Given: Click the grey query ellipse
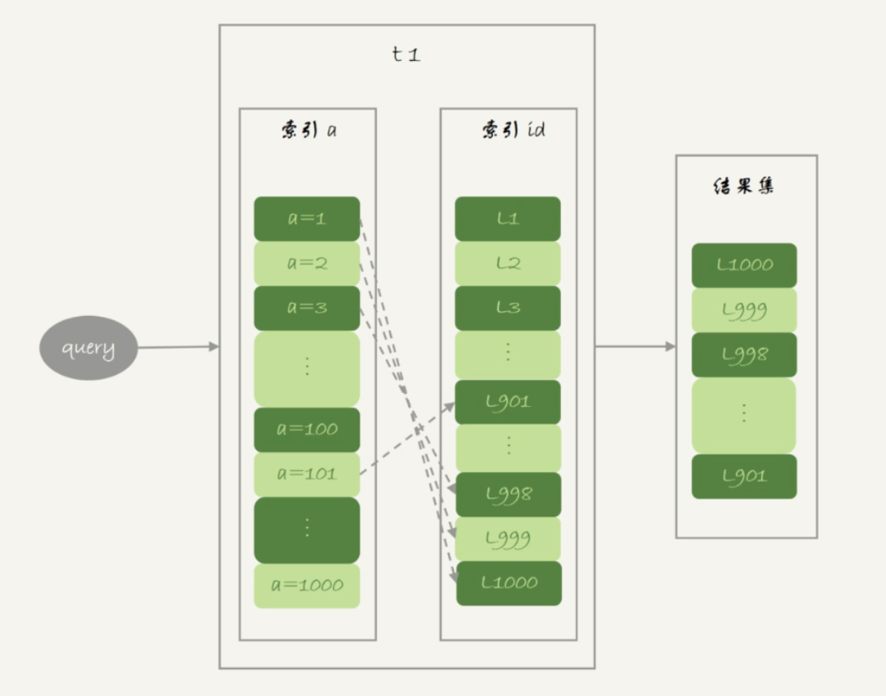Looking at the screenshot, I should point(89,348).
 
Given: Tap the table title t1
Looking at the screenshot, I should point(406,55).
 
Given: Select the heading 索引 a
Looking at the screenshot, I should point(308,131).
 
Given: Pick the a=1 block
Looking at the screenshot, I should point(306,218).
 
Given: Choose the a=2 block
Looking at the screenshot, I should point(306,263).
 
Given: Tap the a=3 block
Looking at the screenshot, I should point(306,308).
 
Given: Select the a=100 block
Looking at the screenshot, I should point(306,430).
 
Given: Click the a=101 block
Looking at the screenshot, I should point(306,474).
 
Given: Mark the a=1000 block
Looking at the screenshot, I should point(306,586).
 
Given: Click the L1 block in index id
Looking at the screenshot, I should point(508,218).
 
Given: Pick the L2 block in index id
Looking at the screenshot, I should point(508,263).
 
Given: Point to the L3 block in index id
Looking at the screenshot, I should point(508,308).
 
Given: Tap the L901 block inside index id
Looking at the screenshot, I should point(508,401).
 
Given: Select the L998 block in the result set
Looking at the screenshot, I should point(744,355).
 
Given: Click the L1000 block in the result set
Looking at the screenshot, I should point(744,265).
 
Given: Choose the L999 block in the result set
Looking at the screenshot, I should point(744,310).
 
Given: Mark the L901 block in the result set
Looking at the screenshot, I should point(744,477).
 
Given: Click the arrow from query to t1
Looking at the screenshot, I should point(178,348).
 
